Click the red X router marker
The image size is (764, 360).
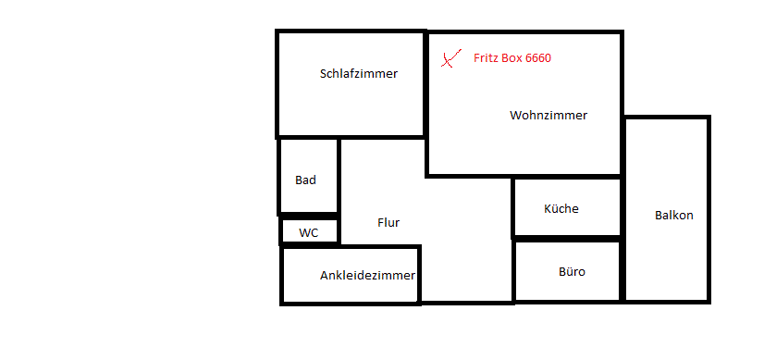[x=450, y=58]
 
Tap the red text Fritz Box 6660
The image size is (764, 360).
[x=512, y=58]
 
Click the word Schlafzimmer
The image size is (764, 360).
[x=359, y=74]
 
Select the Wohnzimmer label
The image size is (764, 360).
[x=548, y=116]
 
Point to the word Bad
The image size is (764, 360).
[x=305, y=180]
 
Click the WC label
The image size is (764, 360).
[x=308, y=233]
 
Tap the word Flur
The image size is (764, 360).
[x=388, y=223]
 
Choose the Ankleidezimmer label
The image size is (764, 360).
[x=367, y=276]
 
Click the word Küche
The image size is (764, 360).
[x=561, y=208]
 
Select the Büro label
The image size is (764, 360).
[x=572, y=272]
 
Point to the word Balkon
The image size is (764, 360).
[x=674, y=215]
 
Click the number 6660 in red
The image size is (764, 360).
[x=538, y=58]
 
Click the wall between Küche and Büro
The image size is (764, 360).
[x=567, y=239]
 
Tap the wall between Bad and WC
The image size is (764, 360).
[x=308, y=216]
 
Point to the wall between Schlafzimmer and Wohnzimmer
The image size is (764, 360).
[x=425, y=84]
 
